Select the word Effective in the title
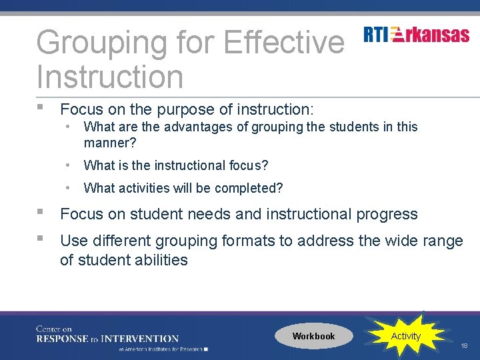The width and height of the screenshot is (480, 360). coord(284,43)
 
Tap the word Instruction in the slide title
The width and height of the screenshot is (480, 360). coord(109,77)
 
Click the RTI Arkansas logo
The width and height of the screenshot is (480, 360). coord(417,35)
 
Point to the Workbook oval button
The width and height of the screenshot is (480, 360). coord(313,336)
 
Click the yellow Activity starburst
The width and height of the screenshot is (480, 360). coord(405,336)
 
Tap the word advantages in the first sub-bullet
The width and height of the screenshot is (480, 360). coord(191,127)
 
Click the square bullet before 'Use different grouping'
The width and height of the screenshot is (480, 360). coord(41,238)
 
